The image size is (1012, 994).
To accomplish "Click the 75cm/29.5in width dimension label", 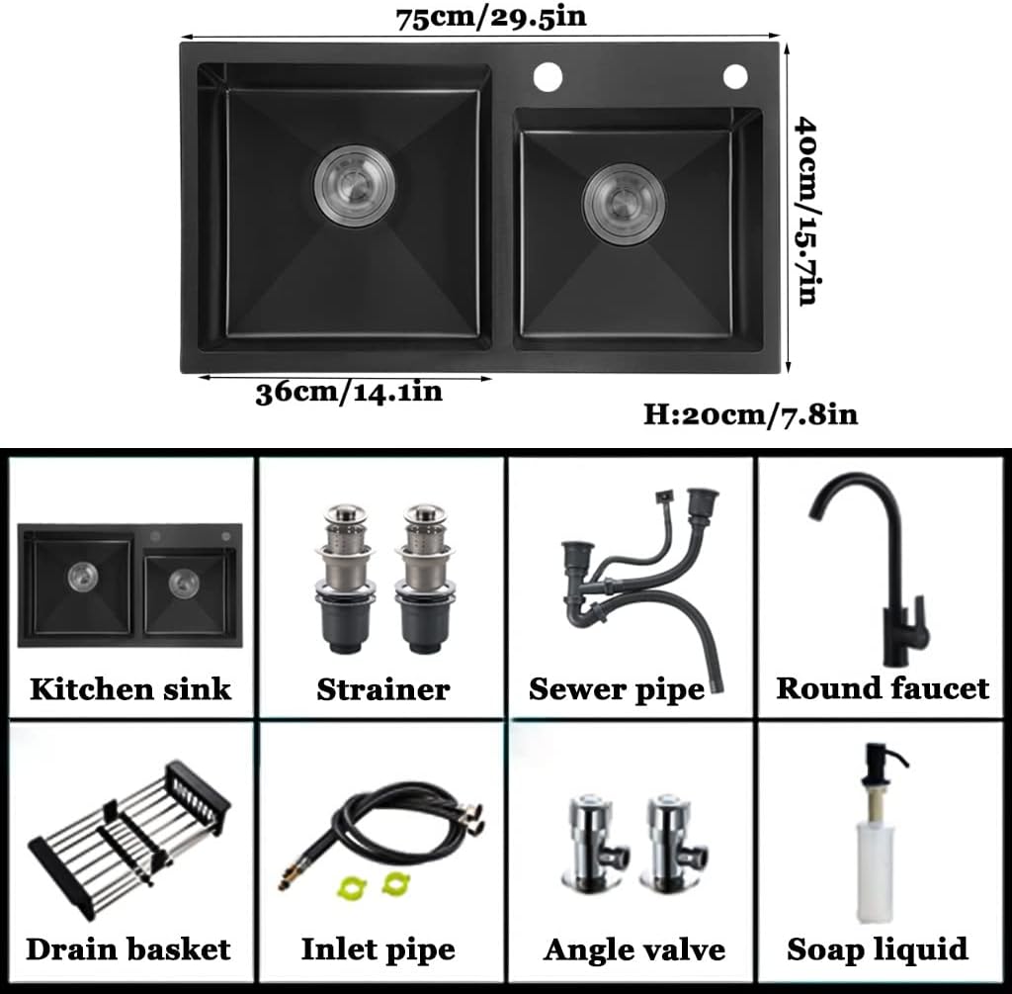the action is [x=490, y=18].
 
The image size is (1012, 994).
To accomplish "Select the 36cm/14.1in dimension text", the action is [x=349, y=393].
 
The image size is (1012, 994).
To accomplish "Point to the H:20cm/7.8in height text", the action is [x=751, y=414].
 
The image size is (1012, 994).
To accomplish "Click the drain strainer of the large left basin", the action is [x=355, y=185].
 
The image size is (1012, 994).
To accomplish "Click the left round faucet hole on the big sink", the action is [x=548, y=77].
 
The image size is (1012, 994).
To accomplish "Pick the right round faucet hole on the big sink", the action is [x=735, y=76].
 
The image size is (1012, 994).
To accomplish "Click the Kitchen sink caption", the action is [x=130, y=689].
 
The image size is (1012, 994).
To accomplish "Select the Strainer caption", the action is [x=383, y=689].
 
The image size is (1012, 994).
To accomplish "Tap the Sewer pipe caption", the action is [x=617, y=689].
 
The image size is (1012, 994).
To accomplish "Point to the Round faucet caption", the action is [x=883, y=688].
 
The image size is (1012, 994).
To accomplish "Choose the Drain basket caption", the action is [x=128, y=949].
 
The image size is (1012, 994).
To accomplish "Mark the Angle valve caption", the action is [x=634, y=950].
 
